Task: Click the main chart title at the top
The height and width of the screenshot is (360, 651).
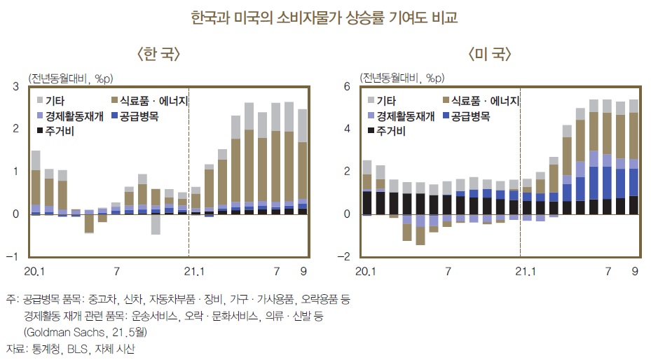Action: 324,18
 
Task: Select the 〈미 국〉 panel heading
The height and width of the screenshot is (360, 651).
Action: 488,54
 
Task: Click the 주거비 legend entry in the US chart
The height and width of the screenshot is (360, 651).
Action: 385,130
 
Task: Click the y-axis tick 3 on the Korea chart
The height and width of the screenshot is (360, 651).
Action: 16,87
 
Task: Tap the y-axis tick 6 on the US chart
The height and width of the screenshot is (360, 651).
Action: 345,87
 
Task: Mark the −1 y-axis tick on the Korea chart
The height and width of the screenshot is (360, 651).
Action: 13,257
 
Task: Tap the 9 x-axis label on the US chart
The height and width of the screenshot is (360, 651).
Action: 634,271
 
